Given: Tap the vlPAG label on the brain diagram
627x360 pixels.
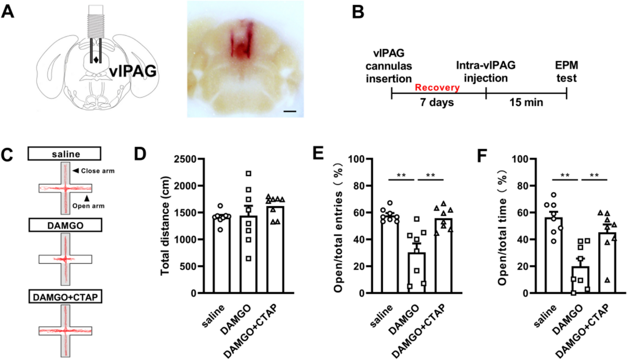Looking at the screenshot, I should tap(133, 71).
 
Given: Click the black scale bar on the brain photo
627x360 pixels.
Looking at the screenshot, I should tap(290, 111).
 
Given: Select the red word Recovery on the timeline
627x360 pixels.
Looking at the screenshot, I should tap(437, 87).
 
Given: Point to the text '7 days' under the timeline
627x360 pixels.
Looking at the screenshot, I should tap(437, 102).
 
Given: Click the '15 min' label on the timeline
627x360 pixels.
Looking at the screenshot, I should tap(526, 102).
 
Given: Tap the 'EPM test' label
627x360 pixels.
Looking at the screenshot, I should tap(566, 72).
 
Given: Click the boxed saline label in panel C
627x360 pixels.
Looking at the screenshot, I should tap(65, 154).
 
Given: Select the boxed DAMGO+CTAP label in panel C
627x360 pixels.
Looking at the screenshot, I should tap(65, 297).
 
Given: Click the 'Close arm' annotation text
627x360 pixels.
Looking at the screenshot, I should tap(98, 171).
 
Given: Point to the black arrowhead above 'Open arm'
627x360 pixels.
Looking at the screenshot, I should tap(87, 198).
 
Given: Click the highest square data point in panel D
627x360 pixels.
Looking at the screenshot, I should tap(249, 173).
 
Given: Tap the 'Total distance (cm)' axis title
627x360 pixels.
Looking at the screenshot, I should tap(165, 226).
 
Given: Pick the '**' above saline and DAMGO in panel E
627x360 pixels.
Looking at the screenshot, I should tap(401, 175).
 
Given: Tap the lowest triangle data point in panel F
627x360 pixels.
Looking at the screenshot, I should tap(607, 280).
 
